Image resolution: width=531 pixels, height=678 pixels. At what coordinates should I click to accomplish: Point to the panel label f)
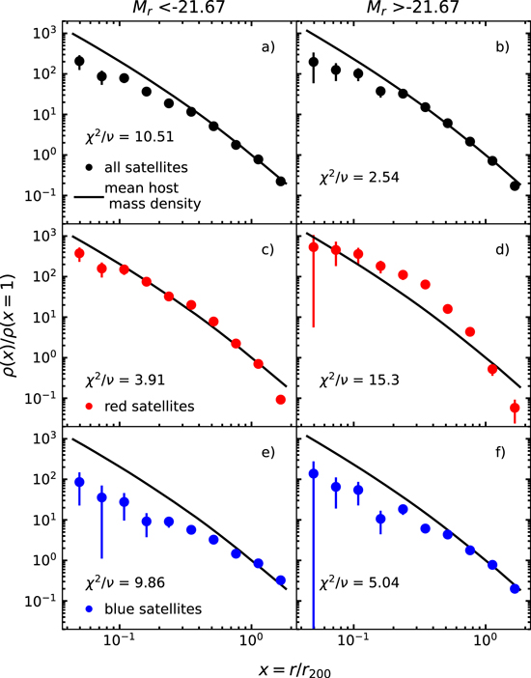pos(501,452)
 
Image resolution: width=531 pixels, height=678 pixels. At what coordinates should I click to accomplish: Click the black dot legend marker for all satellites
pos(89,167)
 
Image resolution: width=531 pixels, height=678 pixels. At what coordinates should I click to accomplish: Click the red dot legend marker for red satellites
pos(89,408)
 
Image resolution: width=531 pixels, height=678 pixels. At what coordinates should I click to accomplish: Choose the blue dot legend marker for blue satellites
pos(89,609)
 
